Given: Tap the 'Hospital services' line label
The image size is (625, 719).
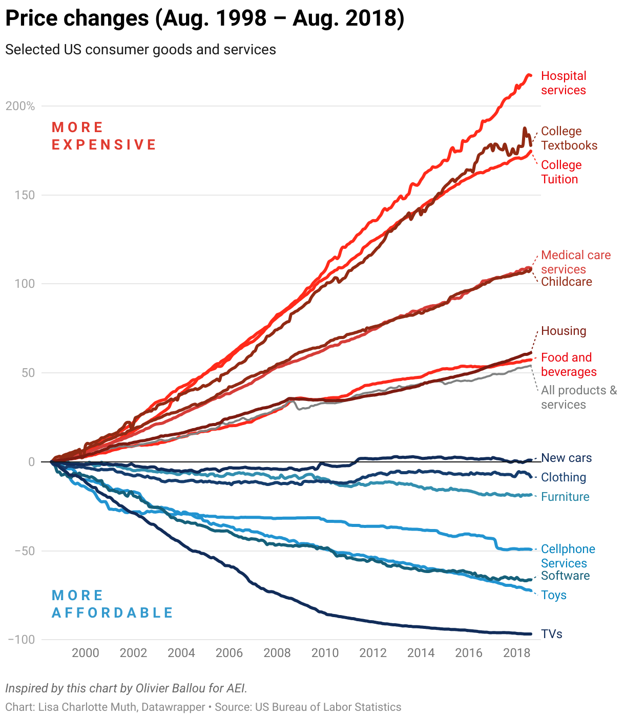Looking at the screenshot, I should point(563,83).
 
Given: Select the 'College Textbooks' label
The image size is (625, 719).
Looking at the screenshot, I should point(569,138).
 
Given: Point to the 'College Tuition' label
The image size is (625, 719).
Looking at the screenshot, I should point(561,172).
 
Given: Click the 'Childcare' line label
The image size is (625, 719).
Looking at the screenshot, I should point(566,282).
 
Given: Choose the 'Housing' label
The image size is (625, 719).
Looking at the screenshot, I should point(563,331).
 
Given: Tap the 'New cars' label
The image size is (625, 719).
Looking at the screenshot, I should point(566,458).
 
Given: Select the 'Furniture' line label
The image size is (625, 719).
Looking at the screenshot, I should point(565,497).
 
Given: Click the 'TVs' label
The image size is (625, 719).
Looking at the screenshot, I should point(551,634).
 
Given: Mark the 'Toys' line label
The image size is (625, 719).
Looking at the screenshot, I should point(553,595).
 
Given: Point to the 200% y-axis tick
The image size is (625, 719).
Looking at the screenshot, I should point(20,106).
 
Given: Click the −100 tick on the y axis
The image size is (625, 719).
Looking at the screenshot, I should point(22,640).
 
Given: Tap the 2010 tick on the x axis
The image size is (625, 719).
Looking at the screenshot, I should point(325,653).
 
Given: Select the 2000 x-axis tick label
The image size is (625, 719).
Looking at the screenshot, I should point(85,653).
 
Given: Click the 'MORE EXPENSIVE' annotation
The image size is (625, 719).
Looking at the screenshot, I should point(103,136).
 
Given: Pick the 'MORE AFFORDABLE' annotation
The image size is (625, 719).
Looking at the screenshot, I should point(112,604).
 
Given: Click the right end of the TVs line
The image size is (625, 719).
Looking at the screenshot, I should point(531,634).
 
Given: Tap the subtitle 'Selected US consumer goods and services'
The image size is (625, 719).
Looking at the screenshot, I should point(140,50).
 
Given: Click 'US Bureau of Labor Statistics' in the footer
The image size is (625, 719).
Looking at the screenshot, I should point(328,707).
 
